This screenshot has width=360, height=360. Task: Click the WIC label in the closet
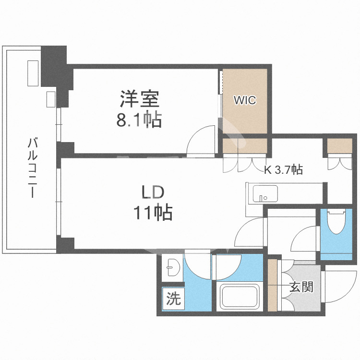coord(245,100)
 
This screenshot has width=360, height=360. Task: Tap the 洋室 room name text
coord(139,99)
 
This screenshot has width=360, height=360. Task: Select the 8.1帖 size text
coord(139,120)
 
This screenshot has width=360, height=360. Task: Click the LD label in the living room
coord(153,192)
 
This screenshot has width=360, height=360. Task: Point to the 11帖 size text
coord(153,213)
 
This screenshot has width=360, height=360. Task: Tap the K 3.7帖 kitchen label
coord(283,169)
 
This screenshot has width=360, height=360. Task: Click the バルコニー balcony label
coord(32,167)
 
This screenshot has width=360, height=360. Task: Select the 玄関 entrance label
coord(301,287)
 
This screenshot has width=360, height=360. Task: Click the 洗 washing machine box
coord(173,298)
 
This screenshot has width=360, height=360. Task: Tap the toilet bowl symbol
coord(336,221)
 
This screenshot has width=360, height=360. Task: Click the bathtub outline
coord(240,296)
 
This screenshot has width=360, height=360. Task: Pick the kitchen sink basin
coord(265,194)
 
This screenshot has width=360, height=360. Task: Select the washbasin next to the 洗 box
coord(173,267)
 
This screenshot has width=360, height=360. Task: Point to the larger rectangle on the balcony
coord(33,73)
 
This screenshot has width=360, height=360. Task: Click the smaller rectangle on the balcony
coord(51,99)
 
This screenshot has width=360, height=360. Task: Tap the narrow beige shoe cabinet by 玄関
coord(273,285)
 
